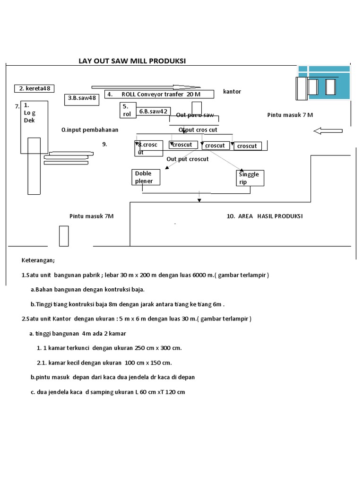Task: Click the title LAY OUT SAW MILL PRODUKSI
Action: (x=132, y=61)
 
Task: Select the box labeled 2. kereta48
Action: (x=35, y=88)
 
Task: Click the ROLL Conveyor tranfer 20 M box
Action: (x=159, y=94)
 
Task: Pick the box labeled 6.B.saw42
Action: (x=153, y=112)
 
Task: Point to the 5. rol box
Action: (x=128, y=110)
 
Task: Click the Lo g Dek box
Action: (x=34, y=127)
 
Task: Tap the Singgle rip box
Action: (x=250, y=178)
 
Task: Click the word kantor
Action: (x=232, y=91)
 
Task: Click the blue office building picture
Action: (x=324, y=82)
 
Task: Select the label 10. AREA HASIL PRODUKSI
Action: (x=265, y=216)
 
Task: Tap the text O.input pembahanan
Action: (x=90, y=130)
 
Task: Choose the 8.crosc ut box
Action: (x=148, y=148)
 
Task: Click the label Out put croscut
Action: (x=187, y=159)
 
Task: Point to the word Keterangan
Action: (x=38, y=260)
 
